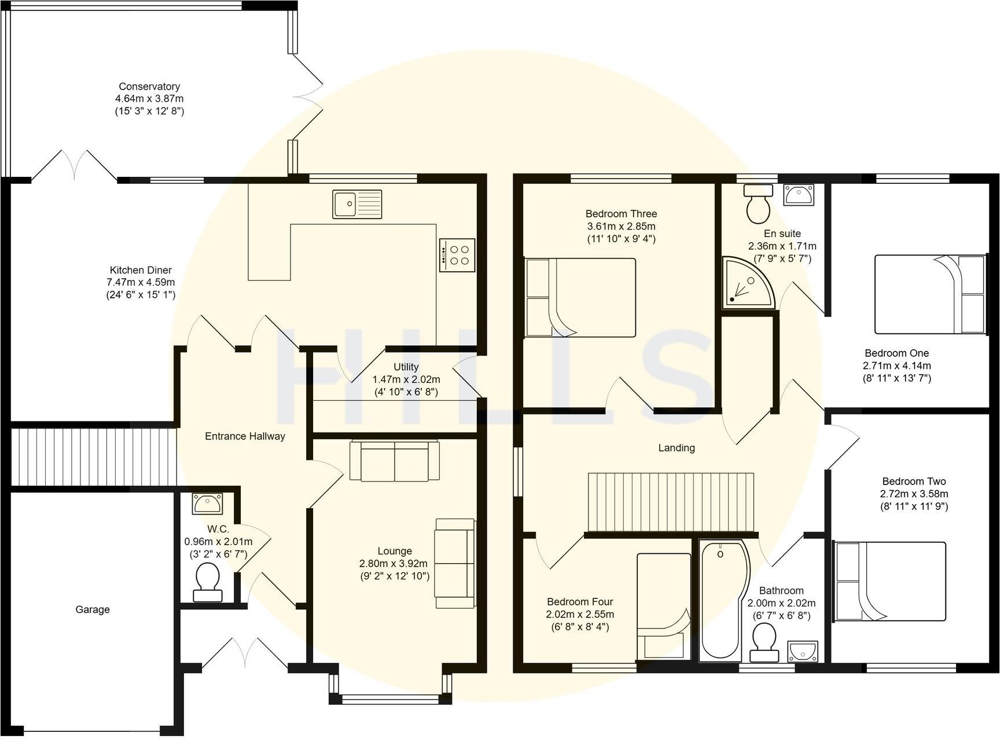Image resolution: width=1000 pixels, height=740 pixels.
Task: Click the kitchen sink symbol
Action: pos(357,204)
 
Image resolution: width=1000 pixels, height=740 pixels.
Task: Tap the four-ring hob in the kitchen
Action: pos(457,255)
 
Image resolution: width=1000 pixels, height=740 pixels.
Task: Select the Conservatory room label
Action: pos(149,87)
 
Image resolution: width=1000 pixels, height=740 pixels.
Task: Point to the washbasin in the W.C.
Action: pos(207,504)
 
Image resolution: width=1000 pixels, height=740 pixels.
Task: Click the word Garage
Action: pos(93,609)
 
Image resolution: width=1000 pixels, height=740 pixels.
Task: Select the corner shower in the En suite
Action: pos(747,282)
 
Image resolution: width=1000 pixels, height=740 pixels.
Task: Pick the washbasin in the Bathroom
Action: pos(803,652)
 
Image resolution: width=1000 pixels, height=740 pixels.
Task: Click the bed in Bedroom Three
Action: pos(580,298)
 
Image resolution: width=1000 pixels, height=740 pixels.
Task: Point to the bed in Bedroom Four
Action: pos(664,606)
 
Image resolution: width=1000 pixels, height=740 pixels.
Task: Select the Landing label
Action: pos(676,447)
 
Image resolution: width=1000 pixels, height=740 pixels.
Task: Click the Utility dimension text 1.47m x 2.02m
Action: pos(406,380)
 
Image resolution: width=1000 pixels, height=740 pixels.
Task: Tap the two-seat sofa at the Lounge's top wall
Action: pos(394,461)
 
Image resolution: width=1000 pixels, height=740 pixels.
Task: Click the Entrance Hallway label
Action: pos(245,436)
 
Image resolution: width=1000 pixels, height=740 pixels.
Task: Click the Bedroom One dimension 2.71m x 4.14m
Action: pos(896,366)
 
